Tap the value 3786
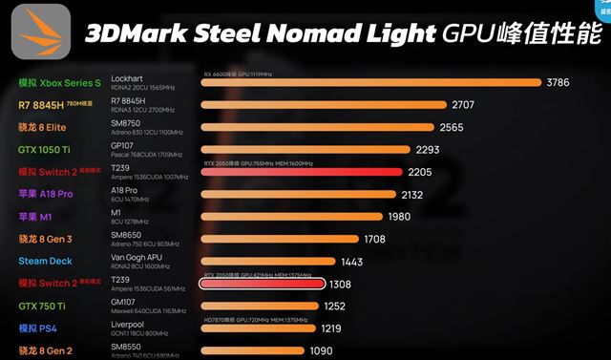pyautogui.click(x=558, y=83)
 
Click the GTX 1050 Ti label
pyautogui.click(x=44, y=149)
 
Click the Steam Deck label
pyautogui.click(x=44, y=261)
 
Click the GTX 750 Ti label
pyautogui.click(x=42, y=306)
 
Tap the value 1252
pyautogui.click(x=334, y=306)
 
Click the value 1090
pyautogui.click(x=323, y=350)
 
